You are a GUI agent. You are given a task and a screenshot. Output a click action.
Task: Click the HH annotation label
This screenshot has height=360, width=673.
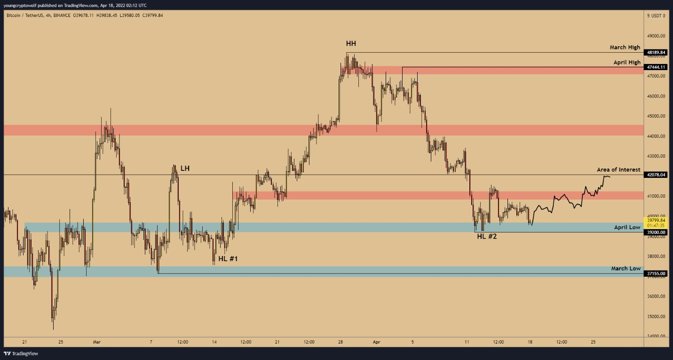point(351,44)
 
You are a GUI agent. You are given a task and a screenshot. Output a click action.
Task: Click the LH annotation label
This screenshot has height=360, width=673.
point(185,168)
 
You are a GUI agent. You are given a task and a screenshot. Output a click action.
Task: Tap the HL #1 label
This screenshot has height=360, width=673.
point(228,259)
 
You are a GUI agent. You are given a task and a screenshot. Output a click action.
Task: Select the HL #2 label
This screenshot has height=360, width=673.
point(487,236)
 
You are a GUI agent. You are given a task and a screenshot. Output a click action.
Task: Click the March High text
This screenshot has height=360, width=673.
point(625,47)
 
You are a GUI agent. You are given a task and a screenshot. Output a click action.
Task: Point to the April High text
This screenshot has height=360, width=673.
point(627,62)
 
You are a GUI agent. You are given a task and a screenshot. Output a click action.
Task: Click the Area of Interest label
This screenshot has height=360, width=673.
point(618,169)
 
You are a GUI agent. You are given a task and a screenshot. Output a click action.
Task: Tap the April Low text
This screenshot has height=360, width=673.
point(627,227)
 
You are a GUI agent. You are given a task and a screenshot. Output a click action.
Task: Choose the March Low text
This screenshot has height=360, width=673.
point(626,268)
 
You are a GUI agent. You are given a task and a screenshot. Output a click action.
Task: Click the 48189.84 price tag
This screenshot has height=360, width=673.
point(656,52)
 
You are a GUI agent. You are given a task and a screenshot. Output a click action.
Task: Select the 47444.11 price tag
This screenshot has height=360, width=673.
point(656,67)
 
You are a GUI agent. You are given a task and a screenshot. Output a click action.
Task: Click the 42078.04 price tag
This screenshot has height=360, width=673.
point(656,175)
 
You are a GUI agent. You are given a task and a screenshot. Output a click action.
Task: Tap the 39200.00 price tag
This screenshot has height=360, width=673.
point(656,232)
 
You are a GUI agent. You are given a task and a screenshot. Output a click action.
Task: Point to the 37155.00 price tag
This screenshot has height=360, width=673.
point(656,274)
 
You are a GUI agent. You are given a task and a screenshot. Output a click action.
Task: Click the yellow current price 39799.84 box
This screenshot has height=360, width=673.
point(656,223)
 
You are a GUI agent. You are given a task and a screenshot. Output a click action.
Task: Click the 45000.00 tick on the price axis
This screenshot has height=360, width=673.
point(656,116)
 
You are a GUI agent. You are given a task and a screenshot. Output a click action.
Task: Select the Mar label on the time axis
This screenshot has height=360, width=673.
point(97,342)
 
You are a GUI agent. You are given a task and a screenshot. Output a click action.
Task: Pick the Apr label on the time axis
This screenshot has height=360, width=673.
point(376,342)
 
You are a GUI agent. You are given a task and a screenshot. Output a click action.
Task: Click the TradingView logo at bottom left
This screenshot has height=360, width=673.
point(21,353)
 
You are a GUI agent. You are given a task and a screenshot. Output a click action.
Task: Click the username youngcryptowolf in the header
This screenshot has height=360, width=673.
point(20,6)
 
